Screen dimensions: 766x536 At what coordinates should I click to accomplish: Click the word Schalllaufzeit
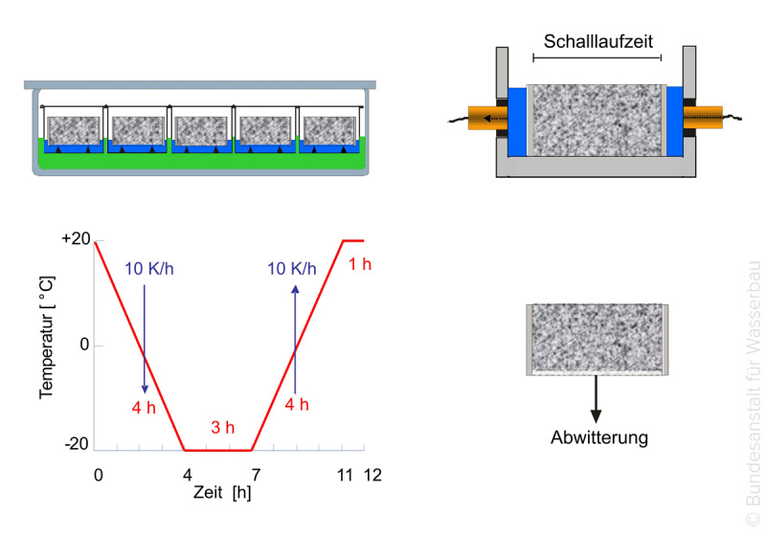coord(597,41)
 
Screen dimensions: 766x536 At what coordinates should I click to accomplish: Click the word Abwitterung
coord(599,437)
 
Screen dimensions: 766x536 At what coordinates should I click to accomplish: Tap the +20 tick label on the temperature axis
coord(76,238)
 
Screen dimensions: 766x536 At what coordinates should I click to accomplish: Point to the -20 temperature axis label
coord(77,444)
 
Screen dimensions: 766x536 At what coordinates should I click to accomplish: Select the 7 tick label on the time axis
coord(256,475)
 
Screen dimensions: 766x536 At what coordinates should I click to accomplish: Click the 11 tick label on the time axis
coord(345,475)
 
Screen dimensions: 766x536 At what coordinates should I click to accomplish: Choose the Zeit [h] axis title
coord(222,492)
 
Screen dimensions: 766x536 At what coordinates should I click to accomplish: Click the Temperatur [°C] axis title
coord(47,338)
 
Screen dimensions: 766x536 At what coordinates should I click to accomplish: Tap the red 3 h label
coord(223,427)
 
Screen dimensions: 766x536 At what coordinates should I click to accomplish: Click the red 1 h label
coord(360,264)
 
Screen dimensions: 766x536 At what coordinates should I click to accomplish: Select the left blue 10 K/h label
coord(149,269)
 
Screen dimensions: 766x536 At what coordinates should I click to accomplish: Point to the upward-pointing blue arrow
coord(295,339)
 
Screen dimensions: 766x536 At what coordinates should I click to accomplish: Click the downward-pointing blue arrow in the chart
coord(145,339)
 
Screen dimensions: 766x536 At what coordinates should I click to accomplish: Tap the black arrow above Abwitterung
coord(596,399)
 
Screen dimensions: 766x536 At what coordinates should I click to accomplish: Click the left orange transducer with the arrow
coord(487,118)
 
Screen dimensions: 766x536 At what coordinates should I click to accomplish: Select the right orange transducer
coord(703,118)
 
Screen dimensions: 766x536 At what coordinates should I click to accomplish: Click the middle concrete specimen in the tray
coord(201,130)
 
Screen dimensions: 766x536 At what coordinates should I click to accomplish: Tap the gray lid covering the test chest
coord(200,85)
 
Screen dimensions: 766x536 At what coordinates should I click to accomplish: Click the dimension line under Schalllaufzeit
coord(597,57)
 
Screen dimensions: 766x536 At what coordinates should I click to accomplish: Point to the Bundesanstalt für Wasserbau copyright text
coord(753,393)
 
